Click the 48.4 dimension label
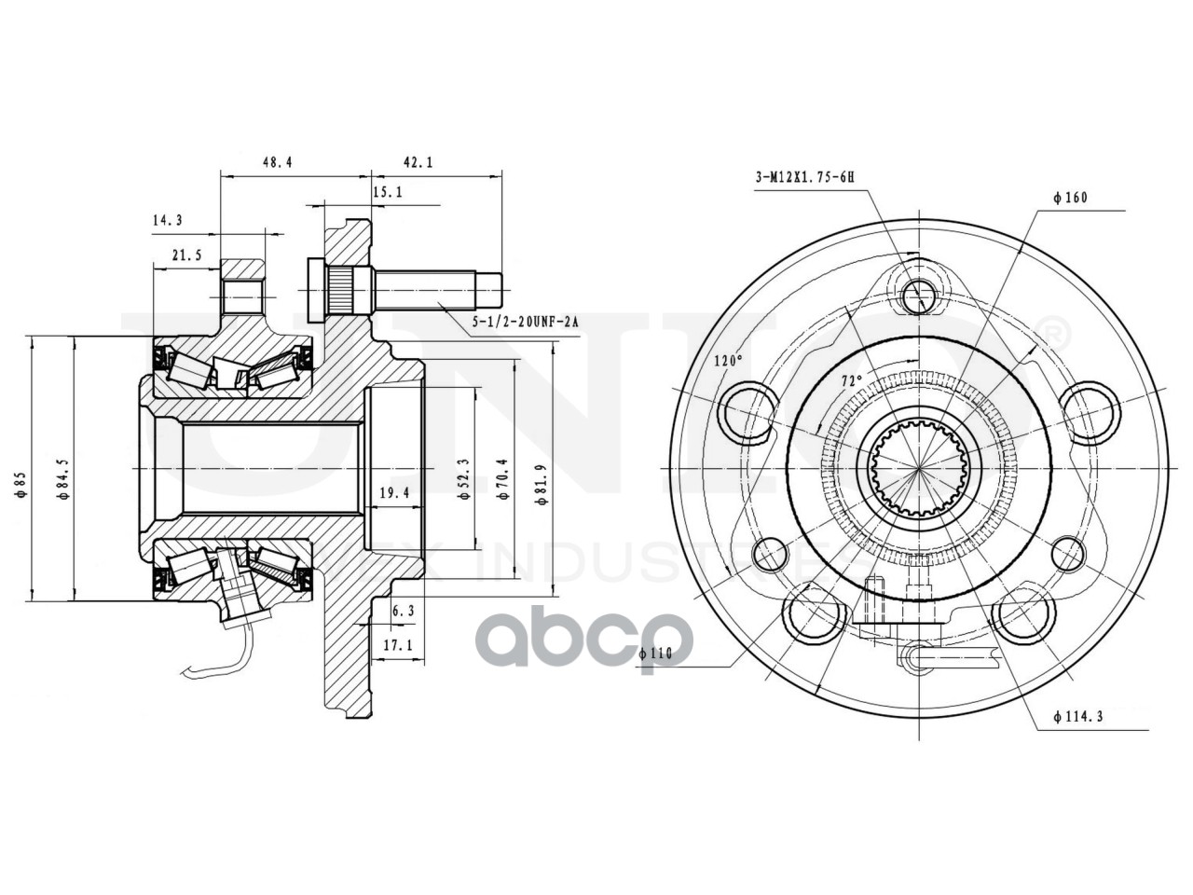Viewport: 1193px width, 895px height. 277,162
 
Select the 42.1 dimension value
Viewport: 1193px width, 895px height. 418,162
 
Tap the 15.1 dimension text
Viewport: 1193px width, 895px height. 387,193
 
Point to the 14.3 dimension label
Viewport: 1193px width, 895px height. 167,221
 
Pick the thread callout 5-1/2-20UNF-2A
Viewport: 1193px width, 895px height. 525,322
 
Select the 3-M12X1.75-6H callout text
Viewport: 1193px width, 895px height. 804,176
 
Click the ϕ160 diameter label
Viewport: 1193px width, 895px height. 1069,198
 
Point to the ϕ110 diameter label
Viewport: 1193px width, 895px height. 655,654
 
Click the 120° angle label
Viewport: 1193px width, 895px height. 728,360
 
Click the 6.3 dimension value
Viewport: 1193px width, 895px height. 403,611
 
